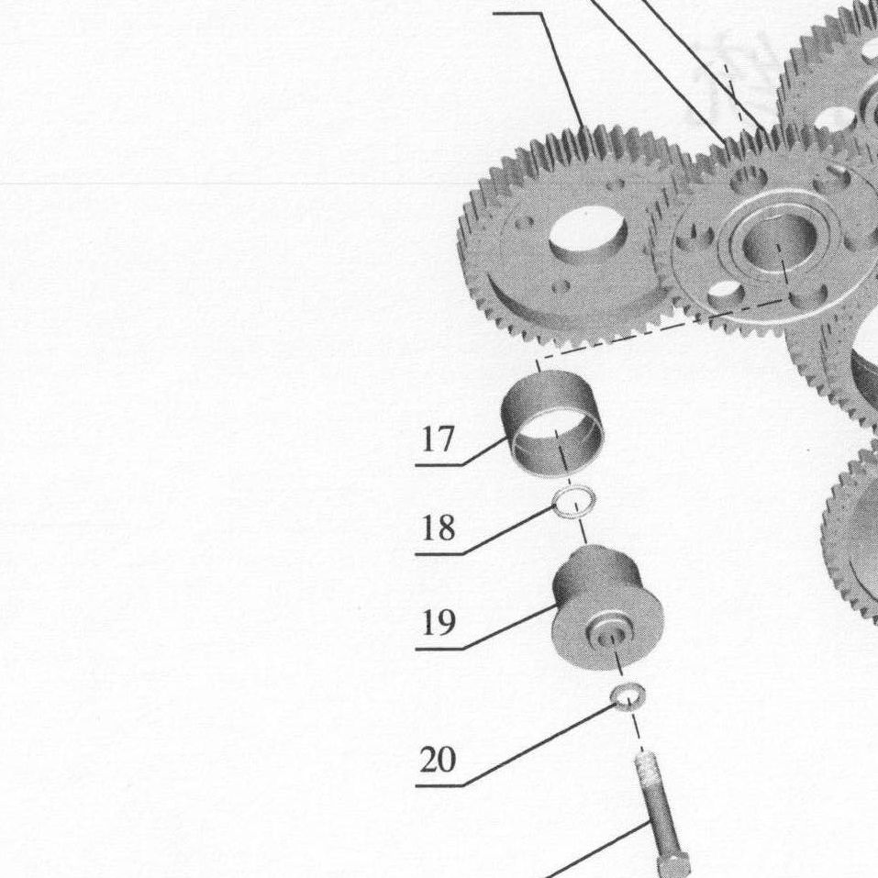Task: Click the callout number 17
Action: (438, 439)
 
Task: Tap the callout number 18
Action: (438, 528)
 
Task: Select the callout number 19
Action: (438, 623)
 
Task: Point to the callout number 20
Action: (438, 760)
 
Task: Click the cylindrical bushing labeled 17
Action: (552, 424)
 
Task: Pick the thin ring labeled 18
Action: (574, 502)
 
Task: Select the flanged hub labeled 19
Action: (607, 607)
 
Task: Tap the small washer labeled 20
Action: (628, 697)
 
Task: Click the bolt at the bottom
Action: (661, 815)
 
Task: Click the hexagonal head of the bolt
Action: (673, 863)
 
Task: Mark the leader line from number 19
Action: (510, 627)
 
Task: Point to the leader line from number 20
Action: (539, 745)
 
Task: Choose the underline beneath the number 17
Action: (439, 465)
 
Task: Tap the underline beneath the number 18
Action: (439, 554)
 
